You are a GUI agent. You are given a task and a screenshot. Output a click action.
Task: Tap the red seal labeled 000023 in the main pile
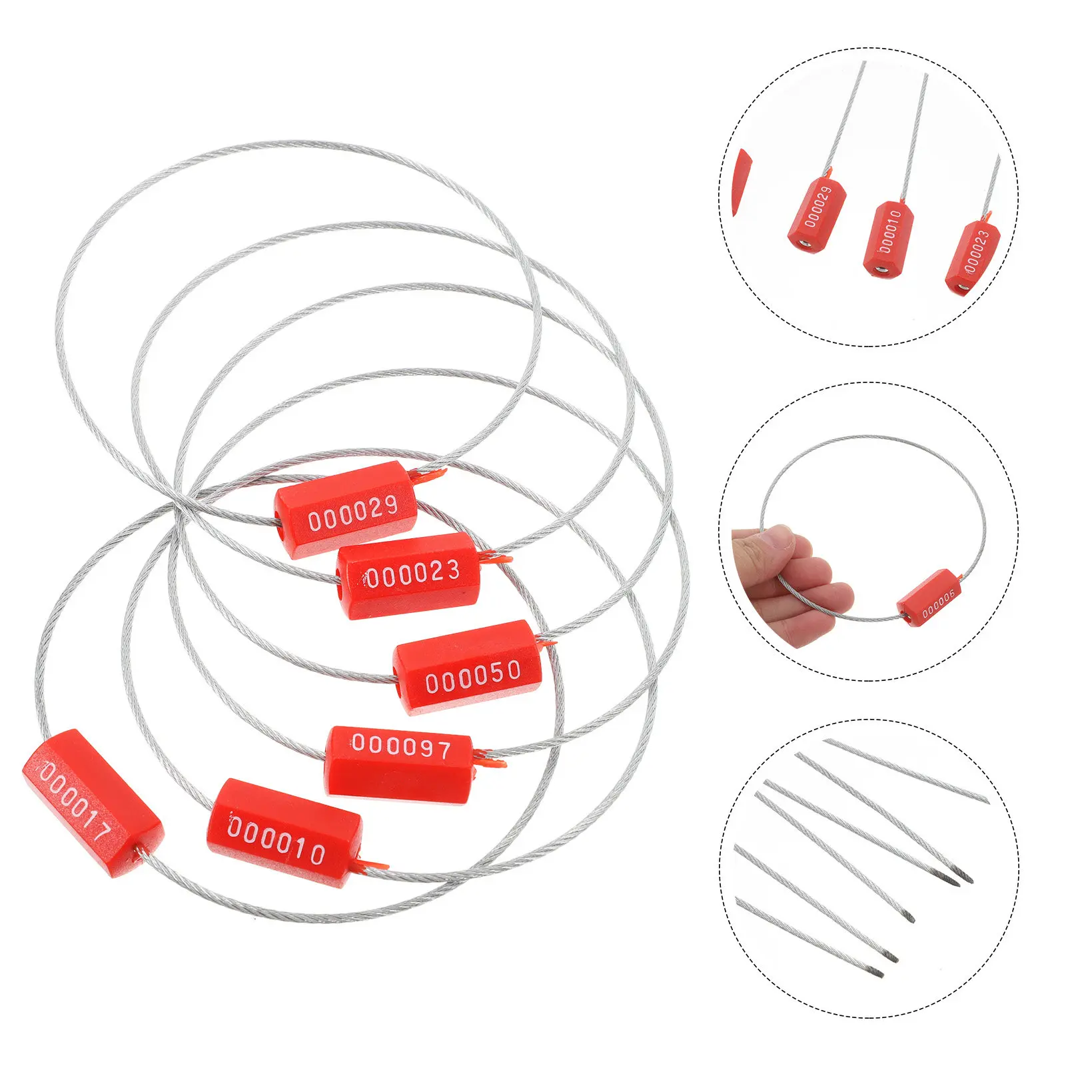408,576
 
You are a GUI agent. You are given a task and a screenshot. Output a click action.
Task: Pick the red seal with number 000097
399,761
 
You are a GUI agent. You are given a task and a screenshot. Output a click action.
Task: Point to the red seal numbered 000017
92,803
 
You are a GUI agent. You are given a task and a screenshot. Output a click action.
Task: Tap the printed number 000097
401,746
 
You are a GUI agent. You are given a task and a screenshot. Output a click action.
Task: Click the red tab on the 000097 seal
490,758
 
